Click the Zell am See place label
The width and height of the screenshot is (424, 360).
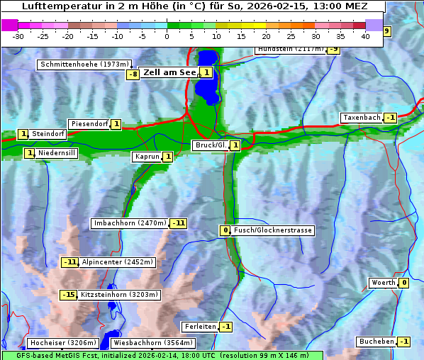pos(170,72)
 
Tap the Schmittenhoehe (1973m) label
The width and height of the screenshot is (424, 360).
pos(84,64)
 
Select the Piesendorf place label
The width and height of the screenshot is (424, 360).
pos(89,124)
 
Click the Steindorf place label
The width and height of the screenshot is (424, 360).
pos(48,133)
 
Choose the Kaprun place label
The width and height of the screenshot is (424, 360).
pos(147,157)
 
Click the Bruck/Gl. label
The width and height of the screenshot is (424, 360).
pos(210,145)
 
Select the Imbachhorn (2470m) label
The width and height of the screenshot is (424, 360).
pos(130,223)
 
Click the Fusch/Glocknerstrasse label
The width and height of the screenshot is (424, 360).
pos(273,230)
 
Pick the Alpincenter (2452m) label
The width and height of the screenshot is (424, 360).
pos(118,262)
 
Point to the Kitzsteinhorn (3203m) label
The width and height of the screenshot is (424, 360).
pos(120,294)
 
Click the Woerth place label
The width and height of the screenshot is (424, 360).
pos(384,283)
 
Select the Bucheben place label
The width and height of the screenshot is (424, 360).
pos(376,342)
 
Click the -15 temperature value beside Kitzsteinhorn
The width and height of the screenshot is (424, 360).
pos(69,294)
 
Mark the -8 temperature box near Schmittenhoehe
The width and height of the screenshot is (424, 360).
pos(133,74)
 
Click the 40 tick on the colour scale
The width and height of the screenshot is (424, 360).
pos(365,35)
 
